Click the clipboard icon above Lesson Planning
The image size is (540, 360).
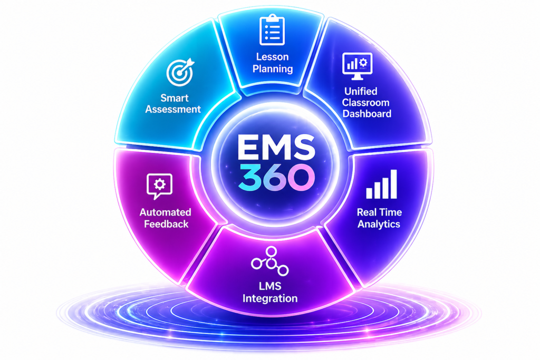coord(273,30)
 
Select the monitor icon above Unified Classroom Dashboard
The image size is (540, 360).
coord(358,66)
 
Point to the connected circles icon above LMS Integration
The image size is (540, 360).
coord(270,261)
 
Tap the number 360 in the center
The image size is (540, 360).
coord(276,177)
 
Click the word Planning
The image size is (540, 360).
coord(273,69)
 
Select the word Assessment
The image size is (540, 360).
coord(173,109)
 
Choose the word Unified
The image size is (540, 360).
coord(361,91)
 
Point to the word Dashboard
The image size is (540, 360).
coord(367,113)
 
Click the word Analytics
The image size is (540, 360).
coord(379,224)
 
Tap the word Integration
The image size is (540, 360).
coord(270,298)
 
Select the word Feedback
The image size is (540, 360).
coord(166,224)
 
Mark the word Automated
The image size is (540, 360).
coord(165,212)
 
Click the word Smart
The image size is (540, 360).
coord(175,98)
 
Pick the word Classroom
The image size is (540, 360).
coord(365,103)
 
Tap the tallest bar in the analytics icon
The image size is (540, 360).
coord(393,184)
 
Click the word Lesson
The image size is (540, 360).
coord(273,57)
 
